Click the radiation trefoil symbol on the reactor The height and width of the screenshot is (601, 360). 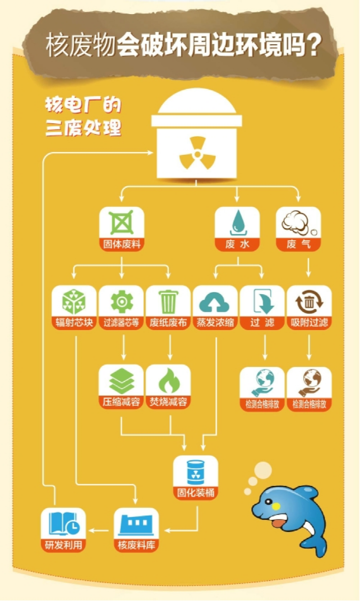[x=197, y=153]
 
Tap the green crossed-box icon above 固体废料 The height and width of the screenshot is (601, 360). [x=121, y=222]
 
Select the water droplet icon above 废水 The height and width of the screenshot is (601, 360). [x=237, y=222]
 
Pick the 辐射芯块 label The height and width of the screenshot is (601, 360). [x=74, y=322]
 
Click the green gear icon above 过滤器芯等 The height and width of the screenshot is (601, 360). [x=121, y=301]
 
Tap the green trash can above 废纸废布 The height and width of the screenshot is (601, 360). [x=168, y=301]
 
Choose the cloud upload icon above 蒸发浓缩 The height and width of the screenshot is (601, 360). [x=214, y=302]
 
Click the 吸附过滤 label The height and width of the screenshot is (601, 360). [x=309, y=322]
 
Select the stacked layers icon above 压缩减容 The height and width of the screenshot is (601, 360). [x=121, y=381]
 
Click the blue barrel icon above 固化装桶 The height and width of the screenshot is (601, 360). [x=196, y=472]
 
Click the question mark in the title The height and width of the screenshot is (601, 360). [x=313, y=45]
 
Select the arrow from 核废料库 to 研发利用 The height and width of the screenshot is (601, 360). [x=99, y=531]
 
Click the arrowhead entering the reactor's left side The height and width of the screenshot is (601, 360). [x=150, y=152]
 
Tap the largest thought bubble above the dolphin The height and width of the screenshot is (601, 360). [x=263, y=470]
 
